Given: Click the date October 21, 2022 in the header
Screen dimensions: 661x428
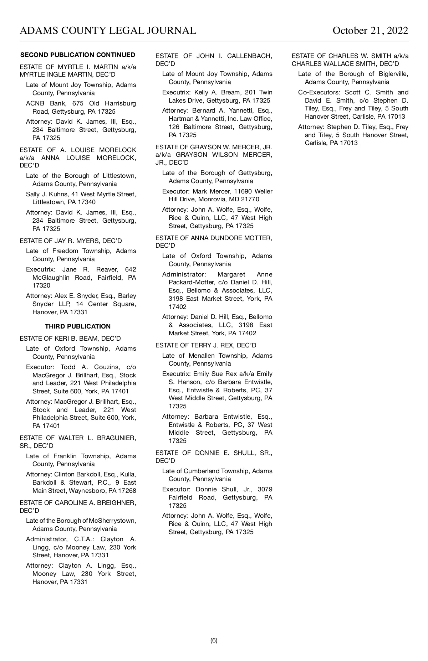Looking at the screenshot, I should [370, 31].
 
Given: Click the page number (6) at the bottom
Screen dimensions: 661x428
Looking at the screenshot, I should [214, 640].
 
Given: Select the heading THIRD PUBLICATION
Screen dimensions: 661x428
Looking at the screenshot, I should [78, 326].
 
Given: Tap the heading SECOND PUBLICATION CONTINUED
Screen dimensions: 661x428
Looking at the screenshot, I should [78, 55].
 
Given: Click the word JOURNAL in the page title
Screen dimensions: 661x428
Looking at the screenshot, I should [171, 31].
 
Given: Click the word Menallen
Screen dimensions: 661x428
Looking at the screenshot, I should [202, 356].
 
